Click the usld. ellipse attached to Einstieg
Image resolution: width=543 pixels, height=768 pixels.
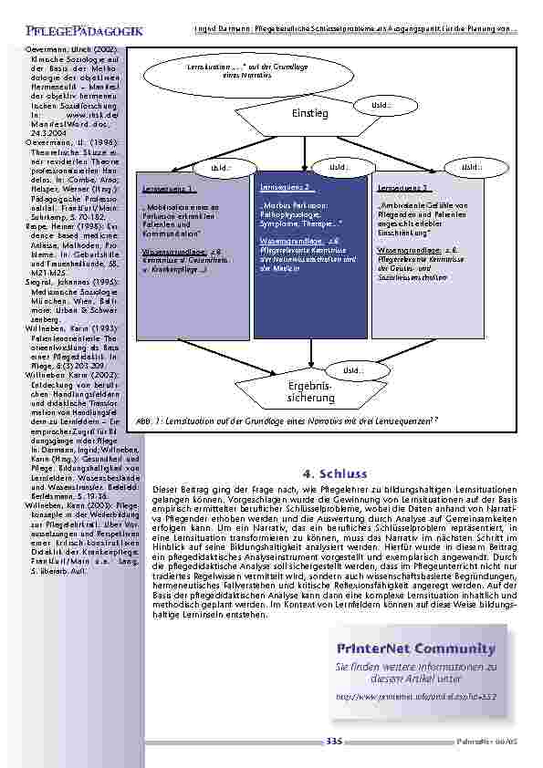[x=381, y=107]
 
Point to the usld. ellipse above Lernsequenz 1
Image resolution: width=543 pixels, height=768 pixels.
[x=221, y=168]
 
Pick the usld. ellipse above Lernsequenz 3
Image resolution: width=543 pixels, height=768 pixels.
[x=471, y=167]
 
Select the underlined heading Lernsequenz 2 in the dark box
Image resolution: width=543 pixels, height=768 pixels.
[x=287, y=187]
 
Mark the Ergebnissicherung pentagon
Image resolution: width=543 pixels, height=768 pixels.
[x=311, y=393]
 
